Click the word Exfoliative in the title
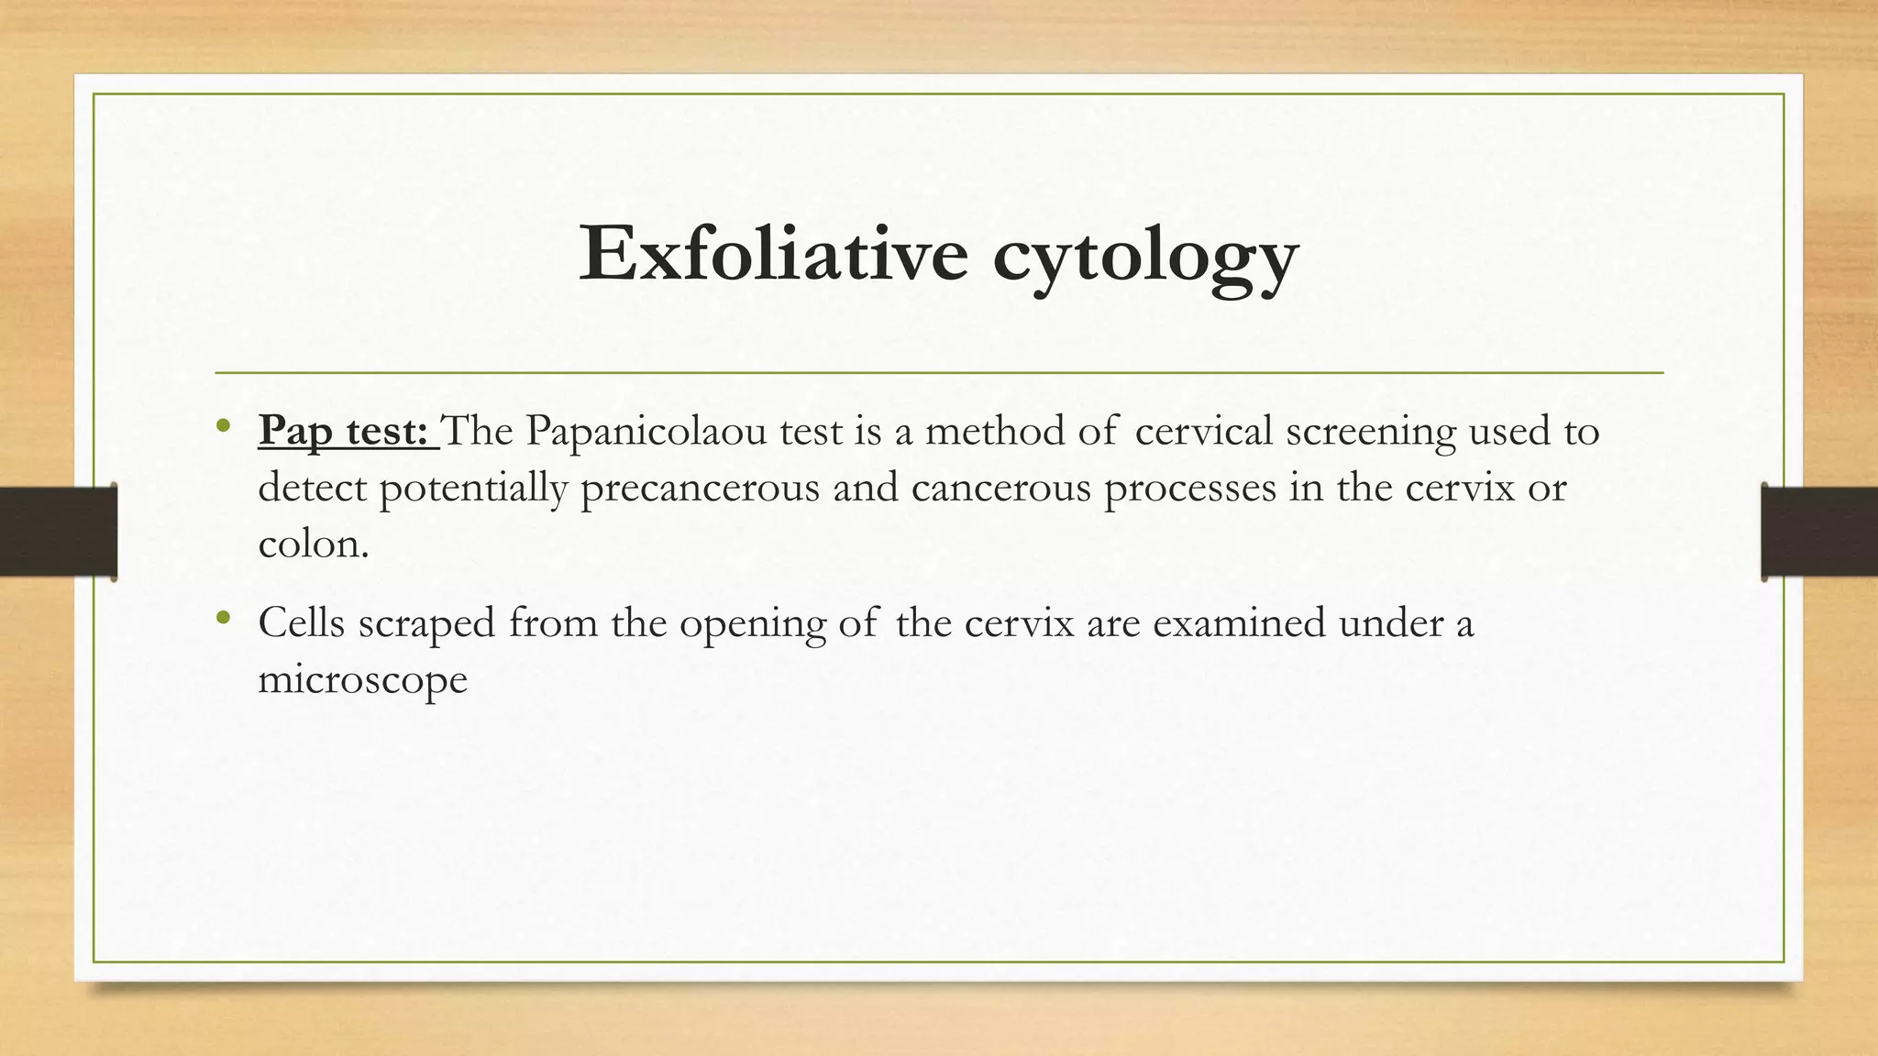click(772, 253)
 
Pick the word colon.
click(313, 544)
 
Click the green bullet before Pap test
click(222, 425)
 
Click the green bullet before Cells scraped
click(222, 618)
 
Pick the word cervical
click(1203, 431)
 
